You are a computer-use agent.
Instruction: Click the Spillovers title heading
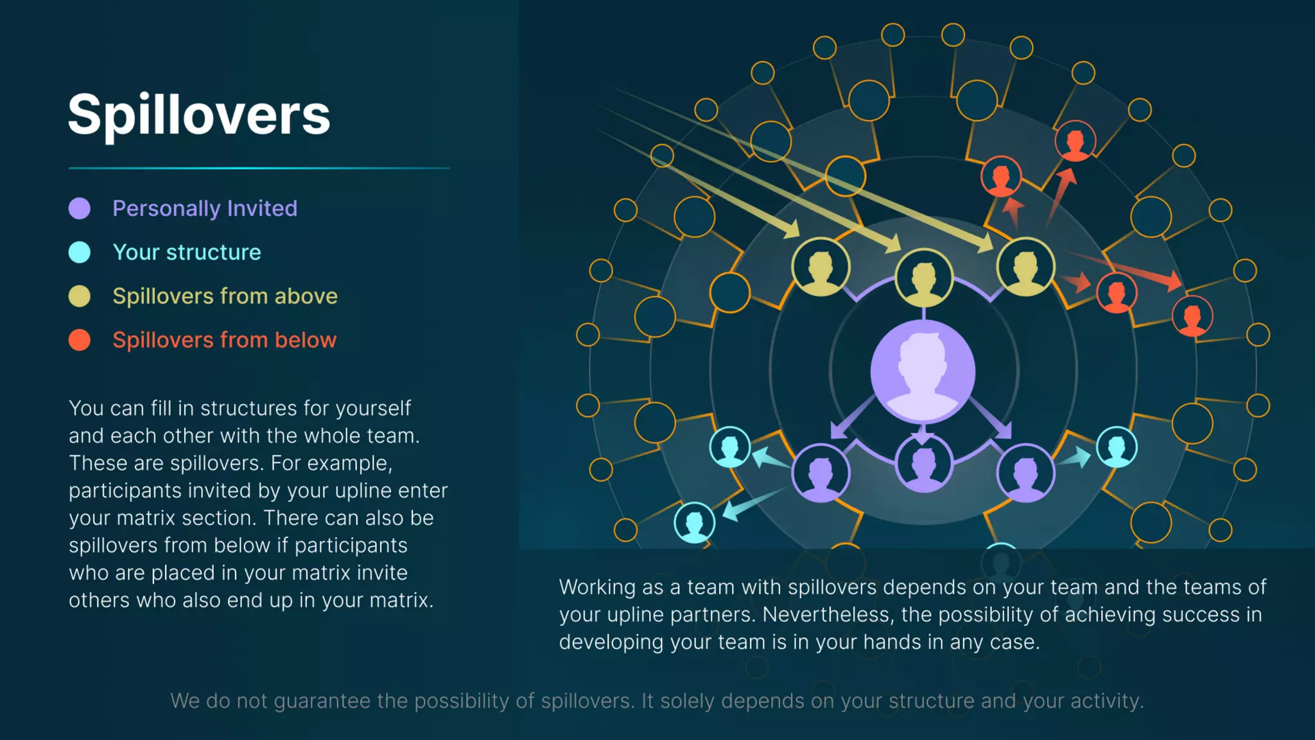pos(199,114)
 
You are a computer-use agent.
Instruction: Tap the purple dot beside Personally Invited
pos(80,208)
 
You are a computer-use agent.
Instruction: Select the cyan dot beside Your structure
pos(80,252)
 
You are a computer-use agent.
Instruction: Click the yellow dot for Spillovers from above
pos(80,296)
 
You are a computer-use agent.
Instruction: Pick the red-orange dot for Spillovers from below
pos(80,340)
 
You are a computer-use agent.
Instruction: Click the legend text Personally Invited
pos(205,208)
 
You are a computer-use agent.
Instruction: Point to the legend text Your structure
pos(187,252)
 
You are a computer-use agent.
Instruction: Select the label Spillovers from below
pos(224,340)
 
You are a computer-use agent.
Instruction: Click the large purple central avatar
pos(923,371)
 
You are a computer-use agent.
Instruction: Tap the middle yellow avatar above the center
pos(923,277)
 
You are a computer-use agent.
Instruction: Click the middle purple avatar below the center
pos(923,463)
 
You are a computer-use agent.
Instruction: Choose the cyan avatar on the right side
pos(1117,446)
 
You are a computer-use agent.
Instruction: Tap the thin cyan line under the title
pos(259,168)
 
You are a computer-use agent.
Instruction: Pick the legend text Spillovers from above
pos(225,296)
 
